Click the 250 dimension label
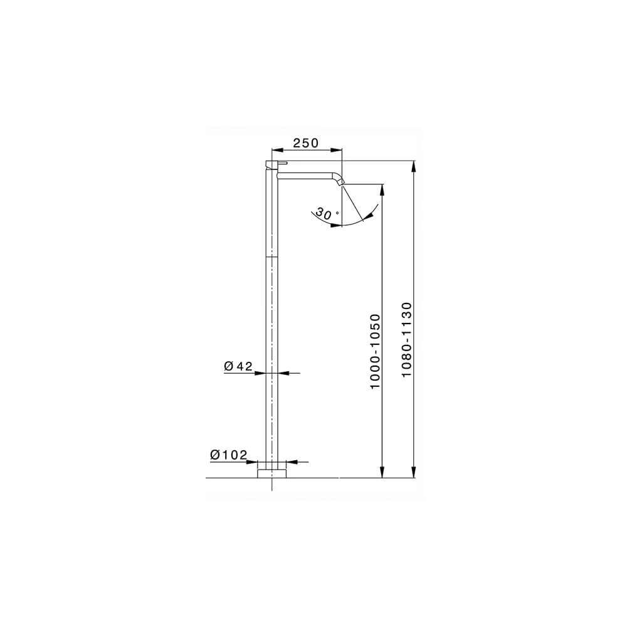[x=306, y=143]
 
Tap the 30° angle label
[x=327, y=213]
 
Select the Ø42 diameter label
[x=238, y=366]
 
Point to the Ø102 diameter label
[x=229, y=455]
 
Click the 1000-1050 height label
[x=375, y=351]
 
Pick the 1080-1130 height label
[x=407, y=339]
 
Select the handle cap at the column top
[x=272, y=164]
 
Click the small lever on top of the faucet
[x=283, y=163]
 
